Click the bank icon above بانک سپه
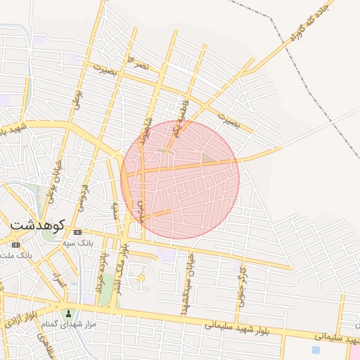[77, 232]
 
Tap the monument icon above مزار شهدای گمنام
[68, 313]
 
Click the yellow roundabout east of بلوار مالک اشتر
[141, 279]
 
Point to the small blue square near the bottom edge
[315, 349]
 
